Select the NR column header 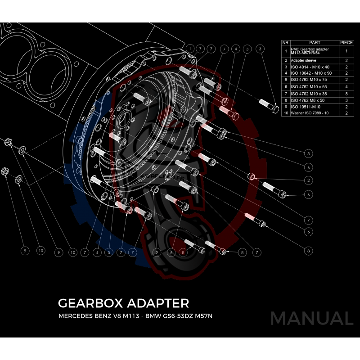pos(285,42)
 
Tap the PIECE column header pos(346,42)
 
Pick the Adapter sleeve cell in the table pos(304,60)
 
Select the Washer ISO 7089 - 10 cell pos(310,113)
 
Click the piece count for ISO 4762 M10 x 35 pos(346,93)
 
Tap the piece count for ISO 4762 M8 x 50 pos(346,100)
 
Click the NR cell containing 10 pos(285,113)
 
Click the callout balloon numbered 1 pos(191,48)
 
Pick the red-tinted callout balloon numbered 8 pos(183,252)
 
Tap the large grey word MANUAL pos(311,319)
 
